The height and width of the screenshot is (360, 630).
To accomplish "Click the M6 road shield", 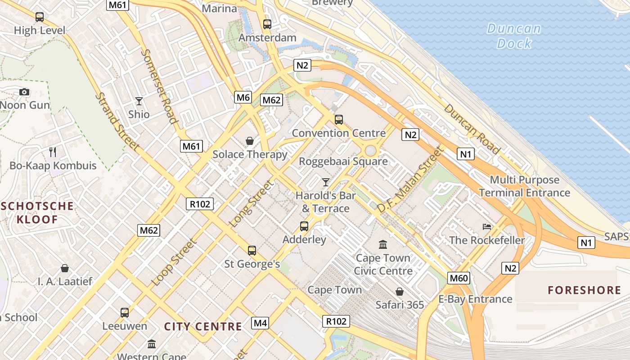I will pyautogui.click(x=243, y=97).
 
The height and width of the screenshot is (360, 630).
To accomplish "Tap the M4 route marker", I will pyautogui.click(x=261, y=323).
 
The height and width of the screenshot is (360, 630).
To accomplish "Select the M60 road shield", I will pyautogui.click(x=459, y=278).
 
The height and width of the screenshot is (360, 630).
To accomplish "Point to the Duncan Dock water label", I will pyautogui.click(x=513, y=36).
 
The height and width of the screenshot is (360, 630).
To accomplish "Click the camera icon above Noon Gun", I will pyautogui.click(x=24, y=92).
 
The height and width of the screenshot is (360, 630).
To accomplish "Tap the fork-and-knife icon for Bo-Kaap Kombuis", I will pyautogui.click(x=53, y=152).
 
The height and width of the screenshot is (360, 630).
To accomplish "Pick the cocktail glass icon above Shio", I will pyautogui.click(x=139, y=101).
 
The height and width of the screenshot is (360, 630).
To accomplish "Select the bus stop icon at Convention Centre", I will pyautogui.click(x=339, y=120).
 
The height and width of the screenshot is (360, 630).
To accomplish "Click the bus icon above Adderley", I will pyautogui.click(x=304, y=226).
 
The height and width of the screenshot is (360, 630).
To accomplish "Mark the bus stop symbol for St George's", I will pyautogui.click(x=252, y=250).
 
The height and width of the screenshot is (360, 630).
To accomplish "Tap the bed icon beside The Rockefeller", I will pyautogui.click(x=487, y=227).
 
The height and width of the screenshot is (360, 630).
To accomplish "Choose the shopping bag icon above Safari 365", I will pyautogui.click(x=400, y=292).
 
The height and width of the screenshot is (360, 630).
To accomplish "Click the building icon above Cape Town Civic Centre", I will pyautogui.click(x=383, y=244).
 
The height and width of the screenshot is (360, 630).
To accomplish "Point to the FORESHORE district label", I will pyautogui.click(x=584, y=290).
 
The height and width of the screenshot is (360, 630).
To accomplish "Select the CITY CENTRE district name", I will pyautogui.click(x=203, y=327).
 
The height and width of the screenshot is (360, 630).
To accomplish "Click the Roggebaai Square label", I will pyautogui.click(x=343, y=161).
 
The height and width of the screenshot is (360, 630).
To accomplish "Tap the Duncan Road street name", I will pyautogui.click(x=472, y=129).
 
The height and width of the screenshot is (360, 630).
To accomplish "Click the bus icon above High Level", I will pyautogui.click(x=40, y=17).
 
